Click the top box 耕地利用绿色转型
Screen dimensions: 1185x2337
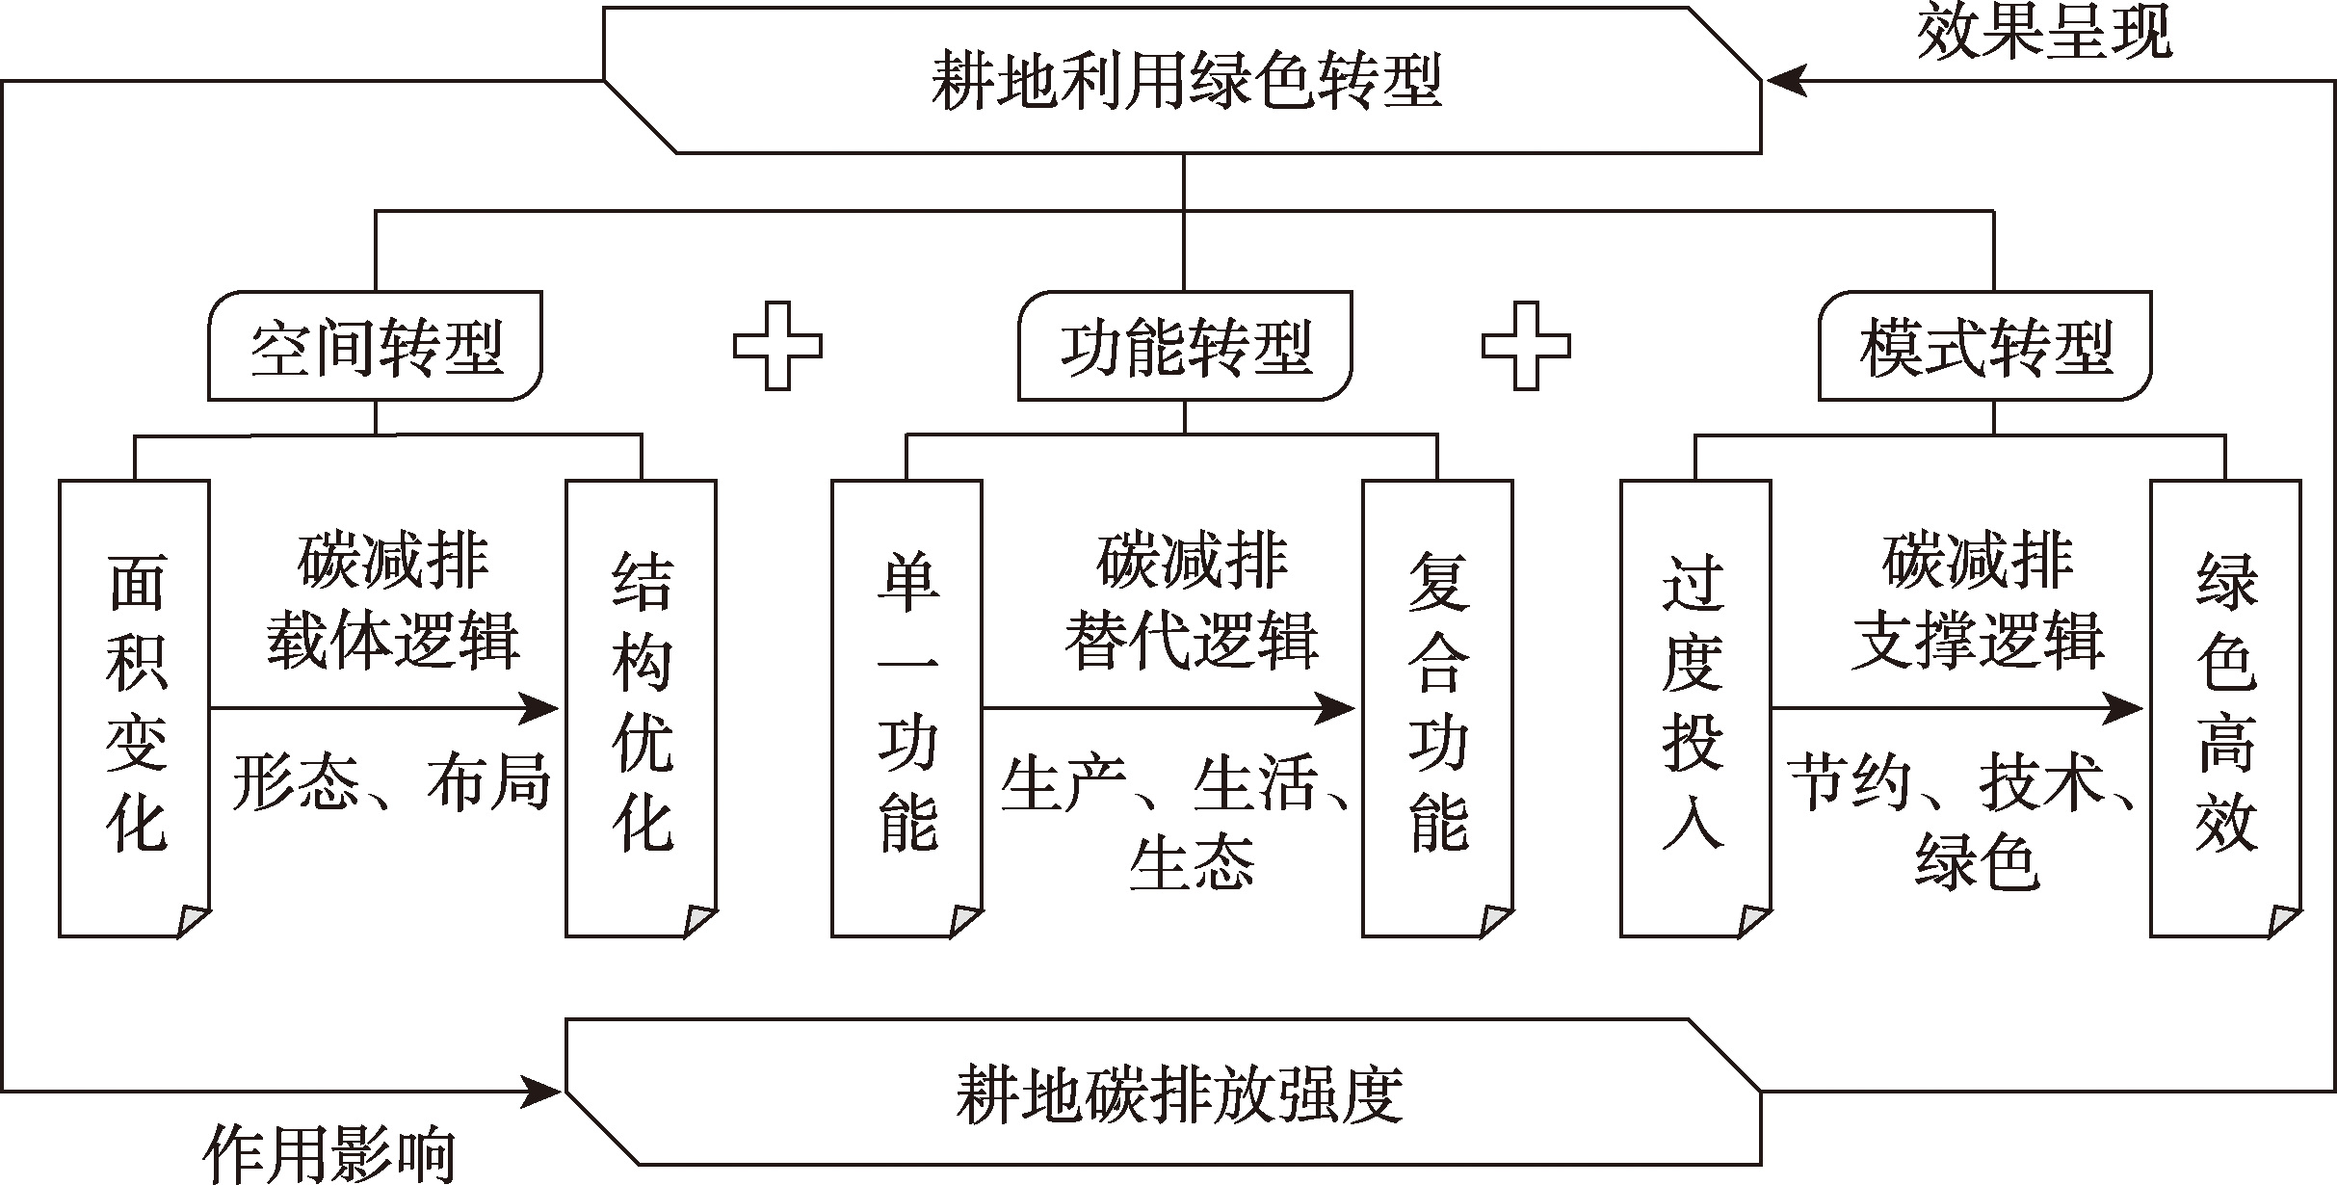coord(1183,80)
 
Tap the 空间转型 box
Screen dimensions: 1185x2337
coord(376,347)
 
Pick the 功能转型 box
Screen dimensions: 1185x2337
coord(1185,347)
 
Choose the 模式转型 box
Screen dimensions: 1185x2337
coord(1984,347)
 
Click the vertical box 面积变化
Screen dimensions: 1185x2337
coord(135,708)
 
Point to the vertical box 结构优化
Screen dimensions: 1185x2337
coord(641,708)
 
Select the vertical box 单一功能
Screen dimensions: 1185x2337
coord(906,708)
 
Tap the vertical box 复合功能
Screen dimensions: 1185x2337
coord(1437,708)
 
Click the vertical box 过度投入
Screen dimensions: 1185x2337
coord(1695,708)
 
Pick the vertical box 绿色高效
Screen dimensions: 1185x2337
coord(2226,708)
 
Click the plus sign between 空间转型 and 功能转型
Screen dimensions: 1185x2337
coord(778,347)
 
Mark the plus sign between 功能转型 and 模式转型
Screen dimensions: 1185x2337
coord(1526,347)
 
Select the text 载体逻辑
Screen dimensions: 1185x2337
coord(393,641)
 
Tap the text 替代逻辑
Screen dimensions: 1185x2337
coord(1191,641)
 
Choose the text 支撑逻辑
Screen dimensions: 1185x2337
coord(1977,641)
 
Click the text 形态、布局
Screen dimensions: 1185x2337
coord(390,780)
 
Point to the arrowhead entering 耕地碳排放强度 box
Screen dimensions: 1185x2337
coord(541,1093)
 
